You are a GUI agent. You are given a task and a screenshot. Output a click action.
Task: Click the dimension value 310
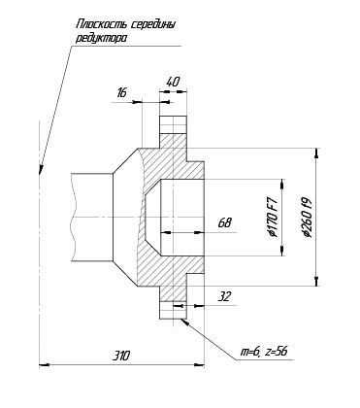click(121, 356)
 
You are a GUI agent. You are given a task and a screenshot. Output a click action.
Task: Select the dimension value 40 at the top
click(173, 82)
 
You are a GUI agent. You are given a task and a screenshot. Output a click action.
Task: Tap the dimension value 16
click(121, 93)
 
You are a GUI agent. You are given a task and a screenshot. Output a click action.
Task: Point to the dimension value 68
click(225, 222)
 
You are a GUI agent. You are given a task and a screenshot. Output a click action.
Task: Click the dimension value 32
click(224, 296)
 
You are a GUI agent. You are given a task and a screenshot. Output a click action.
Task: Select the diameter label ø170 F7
click(274, 218)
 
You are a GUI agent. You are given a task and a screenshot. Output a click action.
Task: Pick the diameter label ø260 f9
click(307, 217)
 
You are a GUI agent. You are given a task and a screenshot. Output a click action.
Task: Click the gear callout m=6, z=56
click(263, 352)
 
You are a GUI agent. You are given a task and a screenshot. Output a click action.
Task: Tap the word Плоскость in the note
click(102, 24)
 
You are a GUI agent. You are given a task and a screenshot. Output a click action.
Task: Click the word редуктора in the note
click(102, 38)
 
